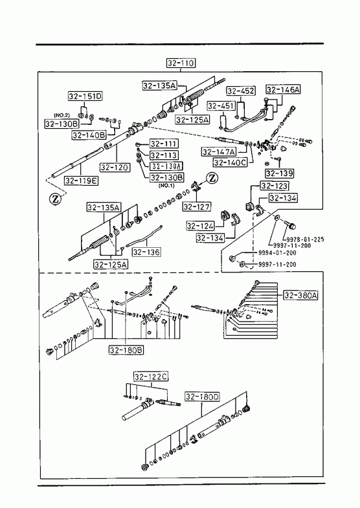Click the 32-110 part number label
click(x=181, y=63)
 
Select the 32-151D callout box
click(x=85, y=96)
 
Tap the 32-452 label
click(x=241, y=91)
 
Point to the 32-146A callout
click(x=283, y=89)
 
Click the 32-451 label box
click(x=221, y=106)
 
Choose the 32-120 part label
click(x=115, y=168)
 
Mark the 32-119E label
click(x=82, y=181)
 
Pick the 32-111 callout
click(x=164, y=144)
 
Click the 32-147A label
click(x=219, y=151)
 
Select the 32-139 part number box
click(x=279, y=173)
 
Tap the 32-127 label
click(x=197, y=206)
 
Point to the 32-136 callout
click(x=146, y=252)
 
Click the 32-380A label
click(x=300, y=295)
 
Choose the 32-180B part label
click(x=126, y=350)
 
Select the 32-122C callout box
click(x=151, y=377)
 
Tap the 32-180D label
click(x=202, y=397)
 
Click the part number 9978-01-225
click(x=305, y=239)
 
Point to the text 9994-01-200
click(x=277, y=252)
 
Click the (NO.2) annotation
click(x=62, y=115)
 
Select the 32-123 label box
click(x=274, y=186)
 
